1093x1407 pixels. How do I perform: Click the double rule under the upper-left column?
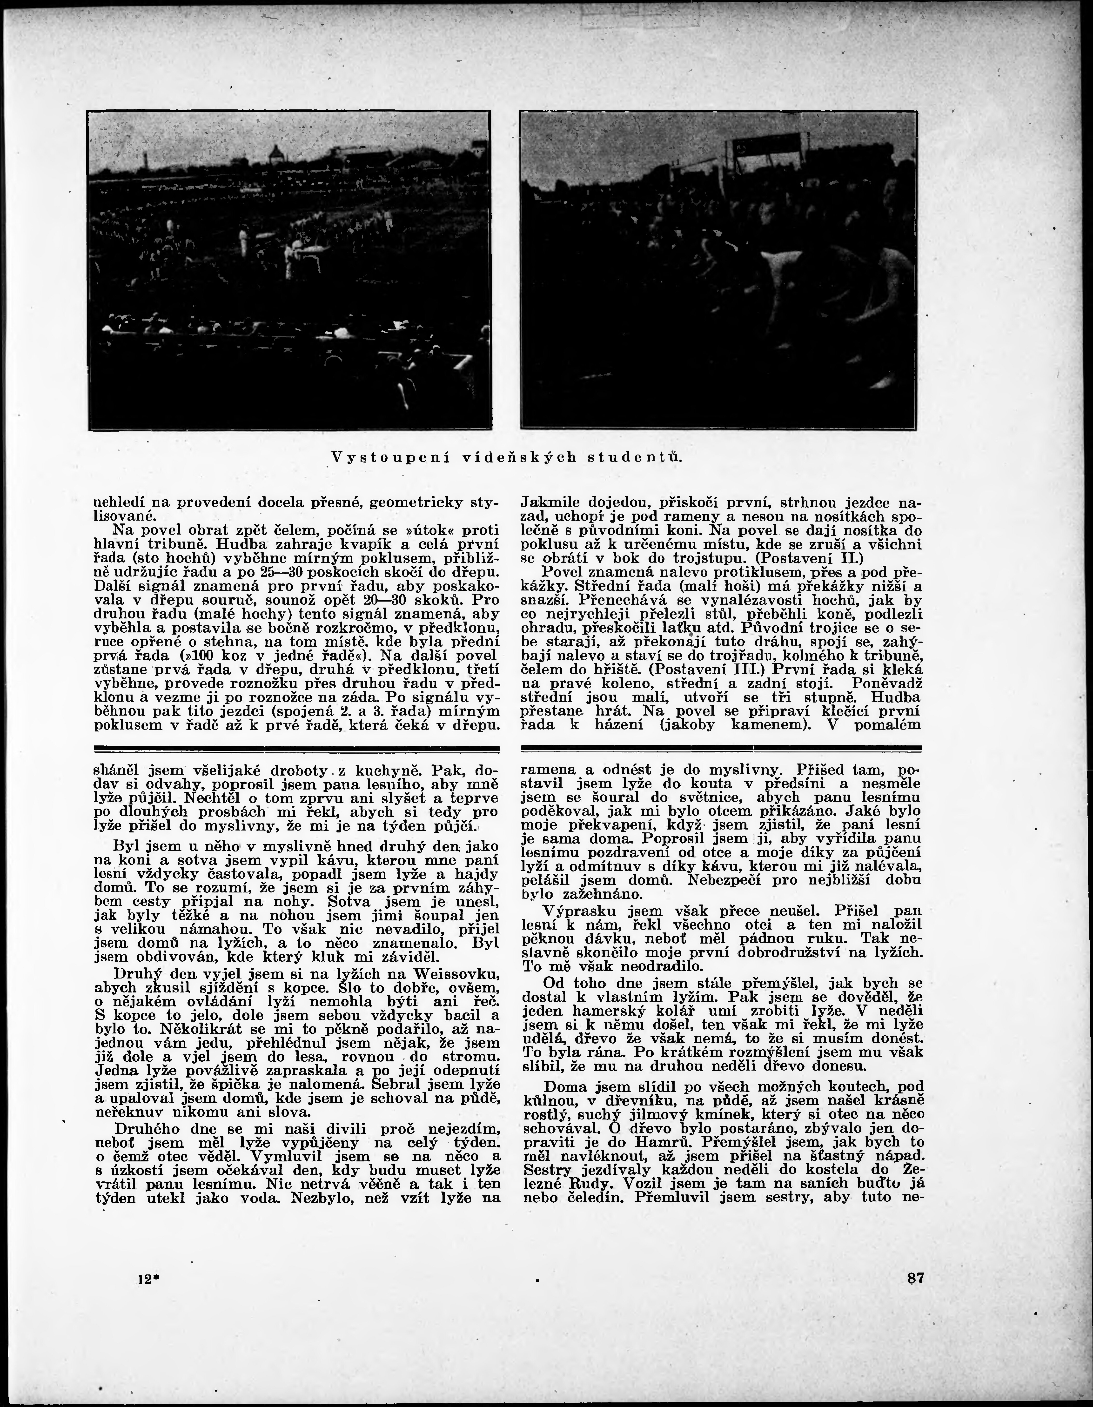(296, 749)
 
